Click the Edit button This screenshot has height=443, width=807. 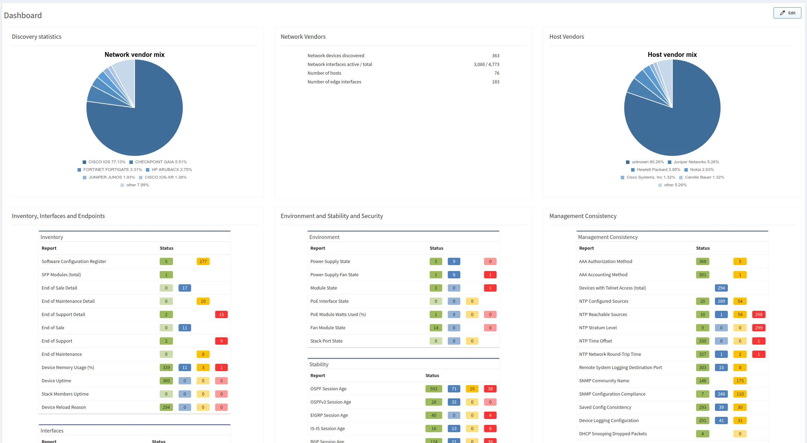pyautogui.click(x=787, y=13)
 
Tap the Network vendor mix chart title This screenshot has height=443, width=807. pyautogui.click(x=134, y=55)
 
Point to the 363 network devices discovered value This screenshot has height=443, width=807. pyautogui.click(x=495, y=56)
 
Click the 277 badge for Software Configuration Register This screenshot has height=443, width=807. pyautogui.click(x=203, y=262)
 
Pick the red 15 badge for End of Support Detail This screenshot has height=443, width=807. pyautogui.click(x=221, y=315)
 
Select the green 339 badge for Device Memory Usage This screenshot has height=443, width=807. pyautogui.click(x=166, y=368)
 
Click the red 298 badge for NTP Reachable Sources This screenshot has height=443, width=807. pyautogui.click(x=759, y=315)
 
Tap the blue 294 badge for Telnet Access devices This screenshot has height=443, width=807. pyautogui.click(x=721, y=288)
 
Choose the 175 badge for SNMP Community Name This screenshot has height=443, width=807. pyautogui.click(x=740, y=381)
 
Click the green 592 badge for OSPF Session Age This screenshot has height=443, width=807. pyautogui.click(x=433, y=389)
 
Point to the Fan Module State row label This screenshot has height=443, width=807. pyautogui.click(x=327, y=328)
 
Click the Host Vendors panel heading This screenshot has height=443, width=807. pyautogui.click(x=566, y=37)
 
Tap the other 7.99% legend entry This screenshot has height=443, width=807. pyautogui.click(x=137, y=185)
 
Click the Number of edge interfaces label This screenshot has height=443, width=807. pyautogui.click(x=334, y=82)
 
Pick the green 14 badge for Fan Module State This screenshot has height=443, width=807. pyautogui.click(x=436, y=328)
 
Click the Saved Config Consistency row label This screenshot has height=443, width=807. pyautogui.click(x=605, y=407)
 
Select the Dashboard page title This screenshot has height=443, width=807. pyautogui.click(x=23, y=15)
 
